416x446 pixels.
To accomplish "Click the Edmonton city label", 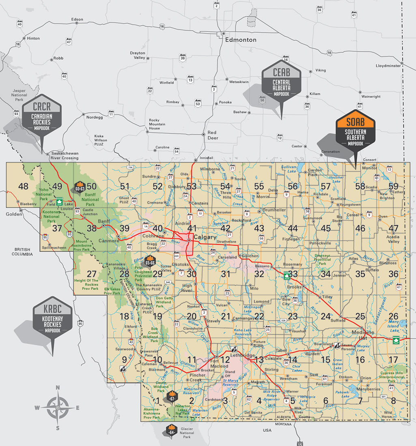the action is click(x=241, y=40).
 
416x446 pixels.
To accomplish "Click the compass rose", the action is click(x=58, y=407).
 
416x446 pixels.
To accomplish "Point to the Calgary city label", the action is click(x=205, y=237).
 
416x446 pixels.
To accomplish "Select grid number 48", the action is click(x=24, y=186).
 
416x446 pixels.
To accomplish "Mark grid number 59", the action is click(x=393, y=186).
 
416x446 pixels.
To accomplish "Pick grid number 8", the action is click(x=393, y=401).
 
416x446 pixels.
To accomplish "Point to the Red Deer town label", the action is click(x=212, y=135).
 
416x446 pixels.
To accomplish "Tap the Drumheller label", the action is click(x=274, y=210).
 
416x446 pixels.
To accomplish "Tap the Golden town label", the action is click(x=14, y=214).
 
